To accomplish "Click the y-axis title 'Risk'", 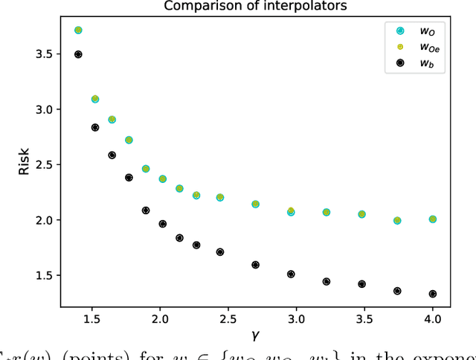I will tap(24, 164).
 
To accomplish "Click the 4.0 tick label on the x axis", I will tap(432, 320).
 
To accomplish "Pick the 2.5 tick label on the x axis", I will tap(227, 320).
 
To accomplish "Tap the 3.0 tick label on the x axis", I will tap(295, 320).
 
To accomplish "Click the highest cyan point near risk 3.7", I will tap(78, 30).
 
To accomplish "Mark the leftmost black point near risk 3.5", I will tap(78, 54).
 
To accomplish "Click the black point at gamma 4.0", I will tap(432, 294).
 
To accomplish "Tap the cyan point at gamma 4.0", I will tap(432, 219).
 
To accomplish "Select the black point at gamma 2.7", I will tap(255, 265).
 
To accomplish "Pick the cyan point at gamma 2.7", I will tap(255, 204).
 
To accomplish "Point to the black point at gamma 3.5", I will tap(361, 284).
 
